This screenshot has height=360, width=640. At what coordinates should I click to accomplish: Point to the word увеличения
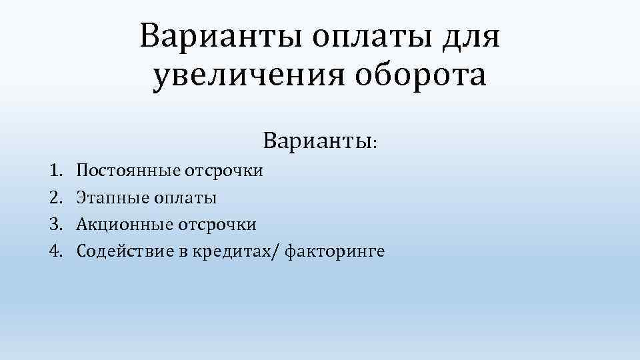tap(249, 77)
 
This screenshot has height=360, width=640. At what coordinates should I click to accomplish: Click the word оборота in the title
tap(421, 77)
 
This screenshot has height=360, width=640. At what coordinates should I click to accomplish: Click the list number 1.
tap(55, 171)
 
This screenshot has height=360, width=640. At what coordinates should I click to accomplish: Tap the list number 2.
tap(55, 198)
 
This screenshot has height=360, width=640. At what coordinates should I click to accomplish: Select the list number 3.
tap(55, 225)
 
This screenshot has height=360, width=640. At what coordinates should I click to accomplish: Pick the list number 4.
tap(55, 251)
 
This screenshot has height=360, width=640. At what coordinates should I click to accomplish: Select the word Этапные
tap(109, 198)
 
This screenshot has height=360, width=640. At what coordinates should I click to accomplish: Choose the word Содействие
tap(121, 251)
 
